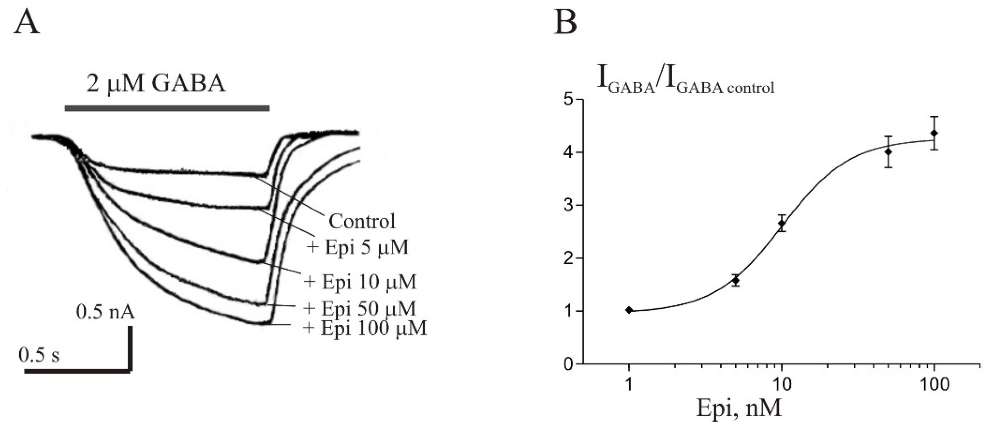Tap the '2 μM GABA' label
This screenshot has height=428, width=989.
coord(156,84)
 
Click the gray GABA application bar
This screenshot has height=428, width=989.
coord(167,108)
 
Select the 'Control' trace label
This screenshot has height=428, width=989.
coord(362,221)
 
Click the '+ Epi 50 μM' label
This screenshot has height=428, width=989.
coord(360,308)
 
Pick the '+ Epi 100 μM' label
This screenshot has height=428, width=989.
coord(365,328)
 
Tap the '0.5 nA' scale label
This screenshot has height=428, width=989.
coord(106,312)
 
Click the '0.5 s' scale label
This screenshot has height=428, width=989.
coord(39,355)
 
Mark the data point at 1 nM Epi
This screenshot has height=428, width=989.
coord(629,310)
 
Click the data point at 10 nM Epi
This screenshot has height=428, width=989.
coord(781,223)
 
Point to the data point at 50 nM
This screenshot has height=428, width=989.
coord(888,152)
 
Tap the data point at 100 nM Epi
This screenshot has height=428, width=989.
coord(934,133)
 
